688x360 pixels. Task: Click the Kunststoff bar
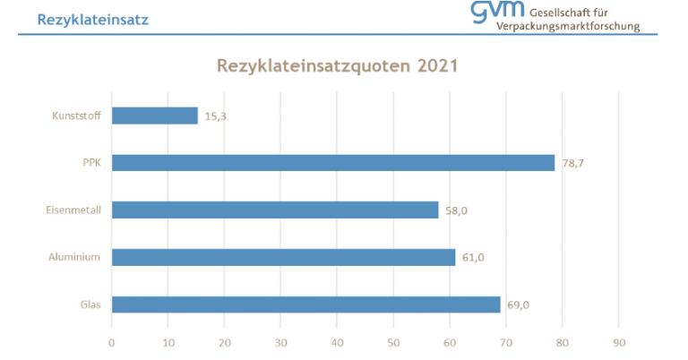154,116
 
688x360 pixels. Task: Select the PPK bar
332,163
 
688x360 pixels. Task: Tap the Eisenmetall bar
274,210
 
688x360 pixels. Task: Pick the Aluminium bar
283,258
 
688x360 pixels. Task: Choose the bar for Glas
305,304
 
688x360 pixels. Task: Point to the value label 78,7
573,163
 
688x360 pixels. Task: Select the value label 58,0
456,210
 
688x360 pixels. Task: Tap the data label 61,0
473,258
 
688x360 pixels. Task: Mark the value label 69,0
518,304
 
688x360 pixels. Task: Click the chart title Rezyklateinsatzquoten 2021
338,67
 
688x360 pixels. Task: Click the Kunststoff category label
75,116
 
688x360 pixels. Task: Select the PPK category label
90,163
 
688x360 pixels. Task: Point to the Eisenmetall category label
73,210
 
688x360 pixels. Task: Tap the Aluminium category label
74,258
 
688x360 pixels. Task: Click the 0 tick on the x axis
111,342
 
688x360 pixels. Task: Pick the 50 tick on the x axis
393,342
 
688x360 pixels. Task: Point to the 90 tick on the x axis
619,342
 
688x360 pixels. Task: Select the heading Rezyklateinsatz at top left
93,18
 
